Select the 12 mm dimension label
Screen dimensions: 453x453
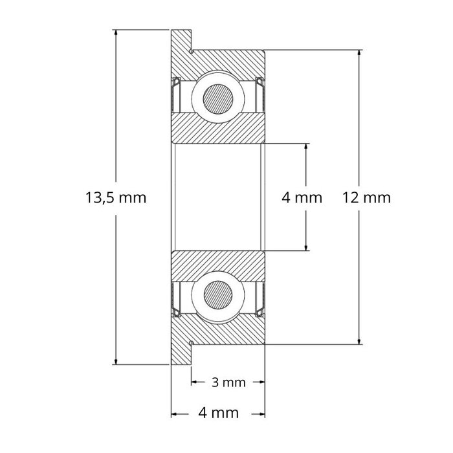click(368, 197)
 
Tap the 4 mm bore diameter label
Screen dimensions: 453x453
click(302, 197)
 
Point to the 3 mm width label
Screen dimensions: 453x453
click(228, 382)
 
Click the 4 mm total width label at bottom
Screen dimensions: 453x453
click(219, 413)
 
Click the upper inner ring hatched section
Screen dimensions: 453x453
click(218, 131)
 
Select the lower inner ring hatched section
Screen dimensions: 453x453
click(218, 263)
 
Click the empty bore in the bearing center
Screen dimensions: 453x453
click(218, 197)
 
